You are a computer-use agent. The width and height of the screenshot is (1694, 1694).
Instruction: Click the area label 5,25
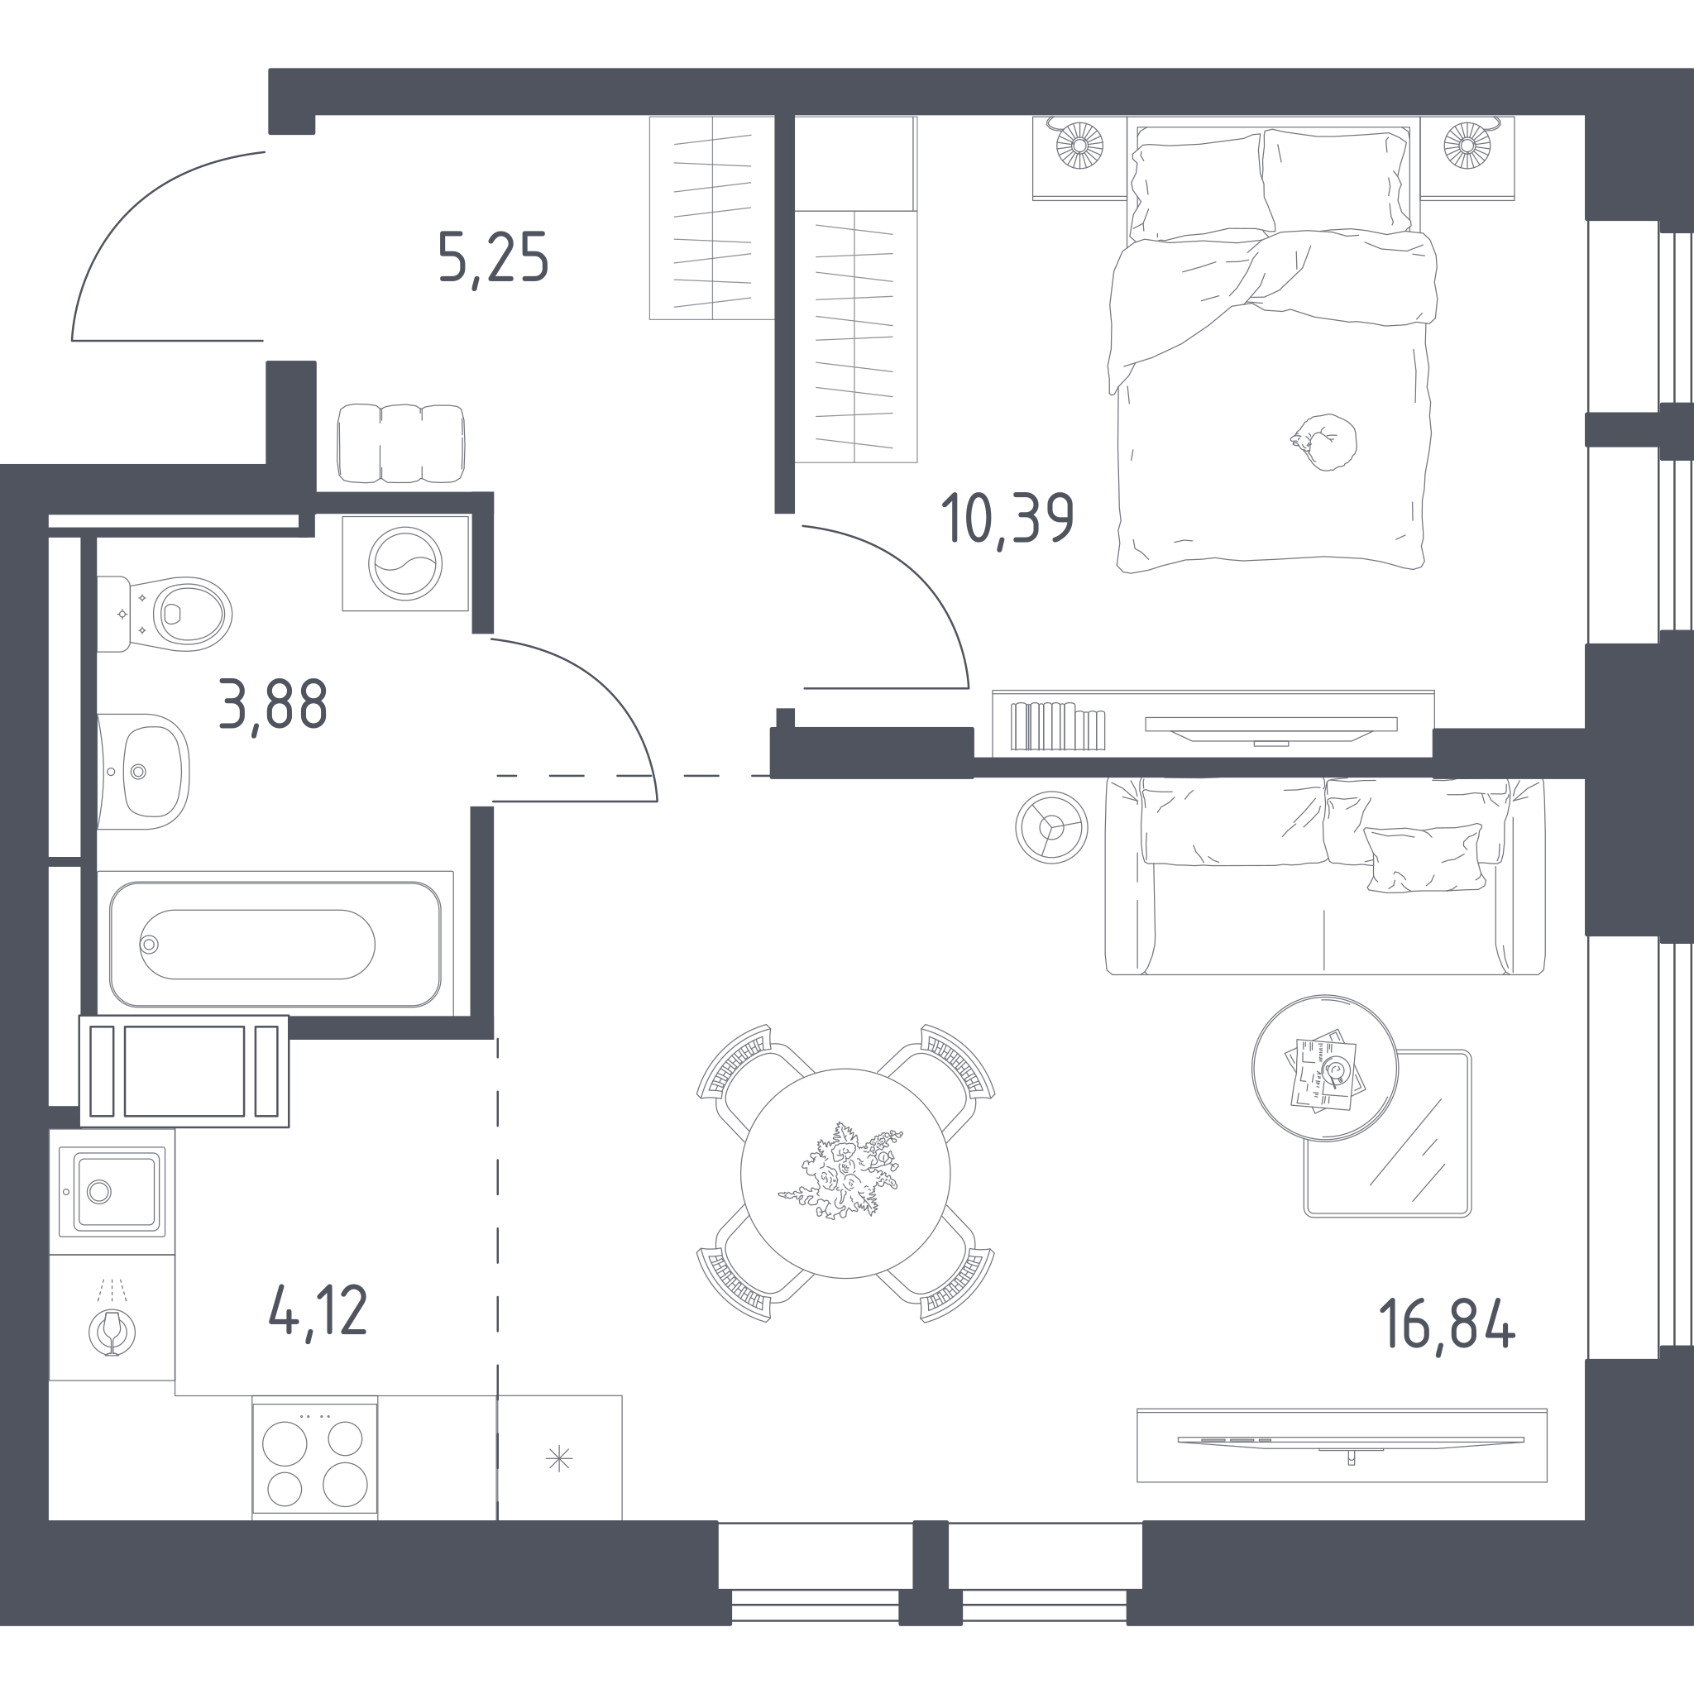(494, 258)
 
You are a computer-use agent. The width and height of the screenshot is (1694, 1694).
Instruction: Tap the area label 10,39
(1007, 519)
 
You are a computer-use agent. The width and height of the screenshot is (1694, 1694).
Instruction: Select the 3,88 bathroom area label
(273, 704)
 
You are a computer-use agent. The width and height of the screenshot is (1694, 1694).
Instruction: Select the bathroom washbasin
(143, 772)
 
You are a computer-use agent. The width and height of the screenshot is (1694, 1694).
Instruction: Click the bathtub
(275, 944)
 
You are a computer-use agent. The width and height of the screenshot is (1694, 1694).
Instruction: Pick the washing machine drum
(405, 564)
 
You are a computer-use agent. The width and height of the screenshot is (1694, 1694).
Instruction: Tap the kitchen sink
(112, 1192)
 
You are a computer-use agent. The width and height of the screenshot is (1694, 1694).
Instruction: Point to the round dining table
(845, 1173)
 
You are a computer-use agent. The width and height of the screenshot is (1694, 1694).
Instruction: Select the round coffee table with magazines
(1325, 1068)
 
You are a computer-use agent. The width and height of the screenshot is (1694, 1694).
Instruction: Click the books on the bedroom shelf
(1057, 726)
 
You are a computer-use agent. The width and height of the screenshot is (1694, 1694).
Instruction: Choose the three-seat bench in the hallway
(400, 443)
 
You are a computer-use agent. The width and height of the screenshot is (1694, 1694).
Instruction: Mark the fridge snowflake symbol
(559, 1459)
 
